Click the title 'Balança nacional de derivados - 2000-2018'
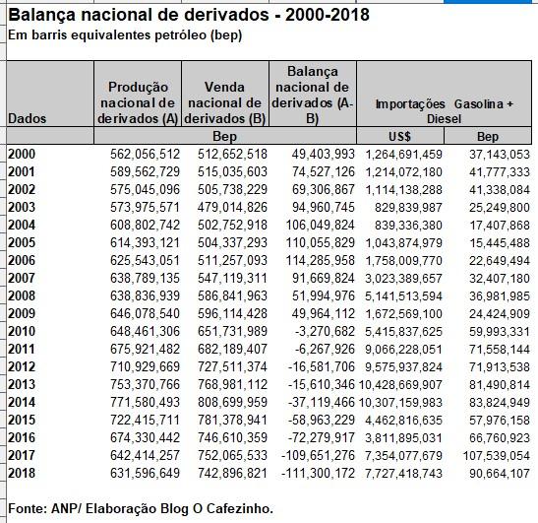tap(189, 15)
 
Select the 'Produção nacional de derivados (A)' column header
tap(138, 102)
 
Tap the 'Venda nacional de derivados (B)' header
tap(225, 102)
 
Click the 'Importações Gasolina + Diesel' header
tap(444, 111)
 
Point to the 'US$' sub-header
tap(399, 137)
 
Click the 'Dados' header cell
tap(28, 118)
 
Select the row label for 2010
tap(22, 331)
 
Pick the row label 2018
tap(22, 473)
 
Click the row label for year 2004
tap(22, 226)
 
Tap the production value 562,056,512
tap(145, 154)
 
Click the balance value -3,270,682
tap(325, 331)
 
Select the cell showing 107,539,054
tap(496, 456)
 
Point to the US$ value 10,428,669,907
tap(400, 384)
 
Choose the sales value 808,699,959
tap(232, 403)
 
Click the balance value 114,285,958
tap(320, 260)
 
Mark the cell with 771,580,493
tap(145, 403)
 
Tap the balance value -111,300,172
tap(318, 473)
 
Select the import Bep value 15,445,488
tap(500, 243)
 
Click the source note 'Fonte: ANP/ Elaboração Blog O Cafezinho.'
tap(141, 508)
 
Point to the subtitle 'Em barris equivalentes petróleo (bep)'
tap(125, 35)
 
